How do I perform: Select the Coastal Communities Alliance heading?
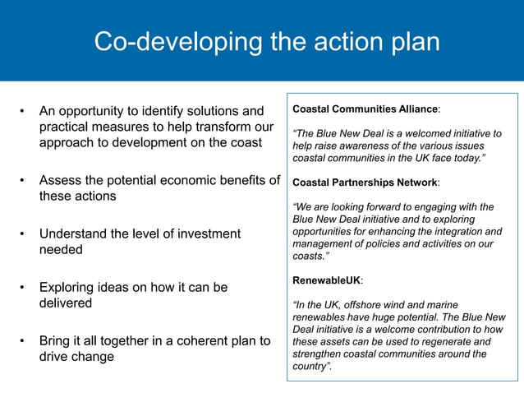tap(365, 109)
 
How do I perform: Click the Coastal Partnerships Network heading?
tap(365, 182)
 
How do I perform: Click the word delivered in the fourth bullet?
tap(66, 303)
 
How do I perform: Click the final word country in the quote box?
tap(310, 367)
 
